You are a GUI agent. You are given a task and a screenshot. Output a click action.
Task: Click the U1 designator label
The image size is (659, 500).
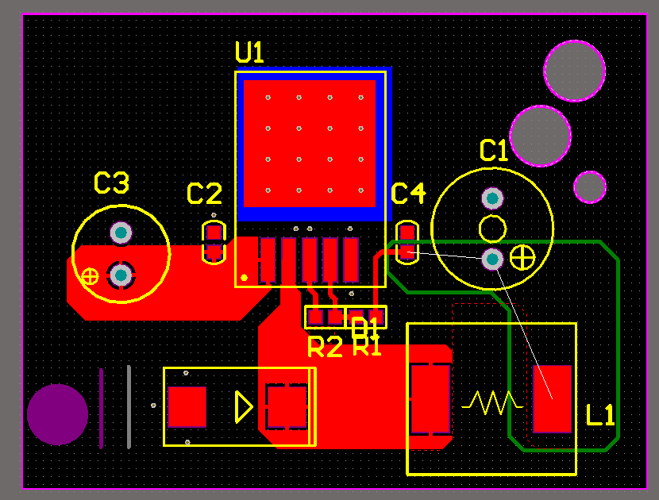pyautogui.click(x=249, y=52)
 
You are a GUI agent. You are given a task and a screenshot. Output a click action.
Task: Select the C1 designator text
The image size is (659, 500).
pyautogui.click(x=494, y=150)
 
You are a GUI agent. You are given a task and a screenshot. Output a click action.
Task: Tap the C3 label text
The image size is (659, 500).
pyautogui.click(x=111, y=183)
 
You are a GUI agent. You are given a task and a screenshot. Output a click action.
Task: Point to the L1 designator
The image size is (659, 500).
pyautogui.click(x=600, y=415)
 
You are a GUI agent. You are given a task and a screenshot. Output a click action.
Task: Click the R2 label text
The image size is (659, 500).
pyautogui.click(x=324, y=347)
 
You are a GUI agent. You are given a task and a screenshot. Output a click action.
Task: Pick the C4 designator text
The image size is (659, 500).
pyautogui.click(x=408, y=193)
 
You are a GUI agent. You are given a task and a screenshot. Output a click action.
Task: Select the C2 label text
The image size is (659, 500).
pyautogui.click(x=204, y=194)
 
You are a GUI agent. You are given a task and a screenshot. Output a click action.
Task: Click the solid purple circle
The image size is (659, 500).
pyautogui.click(x=57, y=414)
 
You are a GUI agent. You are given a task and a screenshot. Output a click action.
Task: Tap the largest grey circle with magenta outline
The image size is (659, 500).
pyautogui.click(x=574, y=71)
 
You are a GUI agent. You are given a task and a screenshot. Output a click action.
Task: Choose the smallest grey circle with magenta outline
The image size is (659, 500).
pyautogui.click(x=590, y=187)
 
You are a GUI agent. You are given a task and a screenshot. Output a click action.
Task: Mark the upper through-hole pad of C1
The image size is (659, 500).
pyautogui.click(x=492, y=198)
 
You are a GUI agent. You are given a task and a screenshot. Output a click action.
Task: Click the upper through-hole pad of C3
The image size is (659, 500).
pyautogui.click(x=121, y=232)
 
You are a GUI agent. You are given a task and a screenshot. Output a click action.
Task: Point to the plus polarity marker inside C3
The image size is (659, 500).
pyautogui.click(x=90, y=275)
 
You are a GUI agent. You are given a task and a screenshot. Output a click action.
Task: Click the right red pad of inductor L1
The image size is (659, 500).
pyautogui.click(x=553, y=398)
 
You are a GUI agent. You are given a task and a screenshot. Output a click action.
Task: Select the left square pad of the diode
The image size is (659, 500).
pyautogui.click(x=187, y=406)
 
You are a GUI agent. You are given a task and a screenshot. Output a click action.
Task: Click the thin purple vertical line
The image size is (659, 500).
pyautogui.click(x=101, y=408)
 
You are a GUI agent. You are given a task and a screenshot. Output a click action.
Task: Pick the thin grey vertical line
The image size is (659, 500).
pyautogui.click(x=129, y=406)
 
